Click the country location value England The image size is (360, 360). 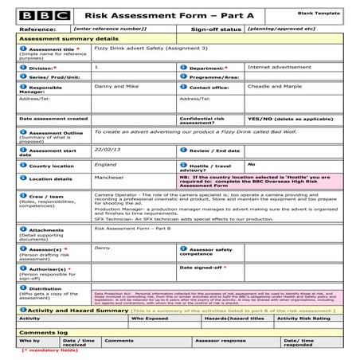pyautogui.click(x=105, y=164)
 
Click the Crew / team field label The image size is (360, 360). pyautogui.click(x=48, y=195)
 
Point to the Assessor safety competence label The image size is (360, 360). pyautogui.click(x=212, y=250)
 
